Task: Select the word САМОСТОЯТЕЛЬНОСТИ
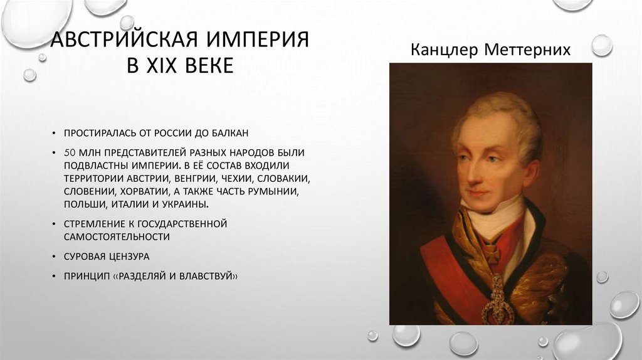pos(117,237)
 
